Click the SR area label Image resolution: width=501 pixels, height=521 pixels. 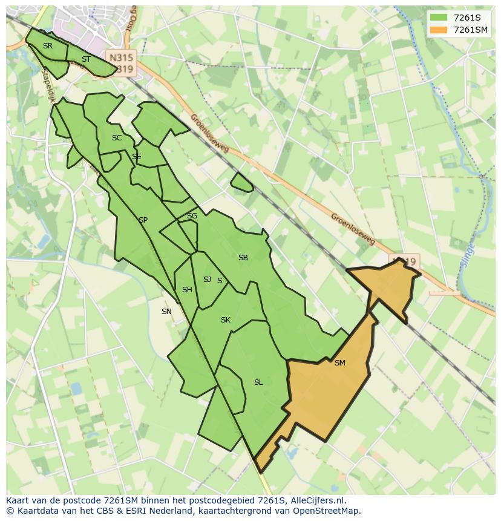(x=47, y=46)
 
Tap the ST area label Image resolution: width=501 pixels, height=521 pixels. (x=86, y=59)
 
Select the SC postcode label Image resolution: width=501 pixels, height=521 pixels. (x=117, y=138)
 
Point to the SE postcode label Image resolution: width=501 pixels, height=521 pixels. (x=136, y=157)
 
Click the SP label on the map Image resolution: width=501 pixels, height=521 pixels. (x=143, y=220)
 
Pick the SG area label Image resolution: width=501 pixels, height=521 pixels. (x=192, y=216)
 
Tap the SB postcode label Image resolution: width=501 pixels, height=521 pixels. (x=243, y=258)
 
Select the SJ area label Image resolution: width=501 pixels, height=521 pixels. (x=207, y=280)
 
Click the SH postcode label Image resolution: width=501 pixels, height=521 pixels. (x=187, y=290)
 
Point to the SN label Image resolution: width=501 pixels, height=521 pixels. (x=166, y=312)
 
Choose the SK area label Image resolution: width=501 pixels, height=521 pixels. (x=225, y=320)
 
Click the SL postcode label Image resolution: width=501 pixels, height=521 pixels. (x=258, y=382)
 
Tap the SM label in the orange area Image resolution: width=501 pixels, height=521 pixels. (x=339, y=363)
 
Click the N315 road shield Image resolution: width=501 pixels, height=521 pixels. (x=121, y=56)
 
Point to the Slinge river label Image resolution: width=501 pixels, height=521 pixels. (x=470, y=249)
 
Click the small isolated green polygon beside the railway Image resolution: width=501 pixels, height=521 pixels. (x=242, y=182)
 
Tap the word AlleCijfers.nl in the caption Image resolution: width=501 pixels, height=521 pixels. (x=317, y=500)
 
